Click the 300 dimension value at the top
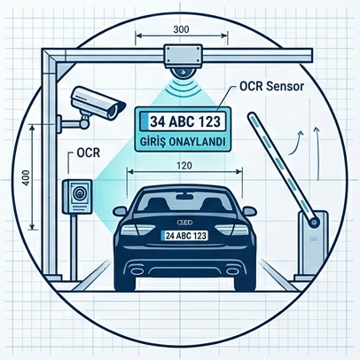pos(181,29)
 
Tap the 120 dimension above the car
pos(184,165)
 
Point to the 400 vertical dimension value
pos(26,177)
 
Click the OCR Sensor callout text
pos(271,86)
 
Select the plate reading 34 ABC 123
pos(185,121)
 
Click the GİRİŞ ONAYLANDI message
pos(183,142)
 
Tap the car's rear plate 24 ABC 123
pos(184,236)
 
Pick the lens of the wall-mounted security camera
pos(113,111)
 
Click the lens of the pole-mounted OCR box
pos(79,193)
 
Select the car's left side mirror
pos(120,211)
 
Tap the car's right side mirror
pos(249,211)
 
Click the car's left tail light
pos(138,230)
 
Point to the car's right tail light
pos(231,230)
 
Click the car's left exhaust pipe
pos(137,270)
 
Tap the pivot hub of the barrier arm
pos(313,222)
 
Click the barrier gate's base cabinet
pos(313,243)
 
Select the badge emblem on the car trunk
pos(184,222)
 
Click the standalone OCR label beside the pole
pos(89,153)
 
